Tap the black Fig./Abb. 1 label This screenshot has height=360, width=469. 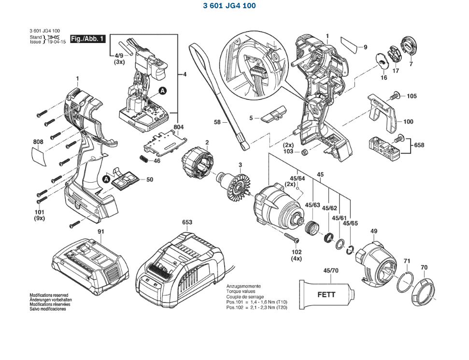[x=88, y=39]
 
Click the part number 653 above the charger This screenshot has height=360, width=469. [x=187, y=222]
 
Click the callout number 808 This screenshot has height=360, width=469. [x=38, y=142]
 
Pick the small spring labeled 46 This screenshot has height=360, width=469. [x=143, y=159]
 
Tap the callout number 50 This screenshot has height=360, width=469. [x=150, y=180]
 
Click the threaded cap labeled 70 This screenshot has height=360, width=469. [x=423, y=291]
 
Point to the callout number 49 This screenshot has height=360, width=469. [x=374, y=231]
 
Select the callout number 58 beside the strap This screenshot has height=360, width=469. [x=217, y=123]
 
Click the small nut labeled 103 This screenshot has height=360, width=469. [x=305, y=153]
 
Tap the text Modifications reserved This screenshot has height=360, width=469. [x=49, y=295]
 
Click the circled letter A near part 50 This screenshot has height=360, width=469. [x=106, y=179]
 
